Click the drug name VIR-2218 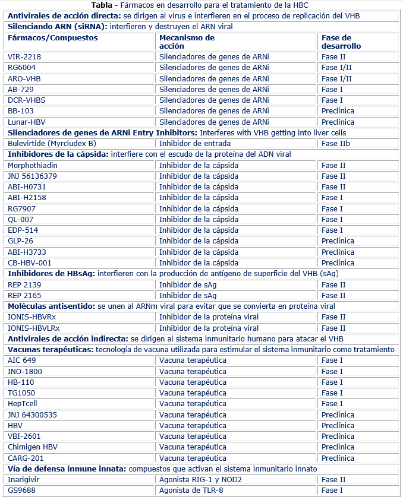[x=24, y=57]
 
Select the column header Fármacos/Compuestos [x=52, y=38]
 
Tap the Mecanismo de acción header [x=187, y=42]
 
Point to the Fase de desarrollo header [x=341, y=42]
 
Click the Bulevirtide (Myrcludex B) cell [x=52, y=144]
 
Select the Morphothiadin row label [x=33, y=165]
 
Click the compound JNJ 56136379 [x=33, y=176]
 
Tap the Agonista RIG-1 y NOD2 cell [x=200, y=480]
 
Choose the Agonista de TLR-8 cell [x=193, y=490]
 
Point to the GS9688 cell [x=21, y=490]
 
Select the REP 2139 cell [x=24, y=284]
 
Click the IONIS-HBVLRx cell [x=34, y=328]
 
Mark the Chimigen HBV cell [x=33, y=447]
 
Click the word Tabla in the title [x=102, y=5]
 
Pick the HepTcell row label [x=23, y=404]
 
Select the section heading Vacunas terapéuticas [x=50, y=350]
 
